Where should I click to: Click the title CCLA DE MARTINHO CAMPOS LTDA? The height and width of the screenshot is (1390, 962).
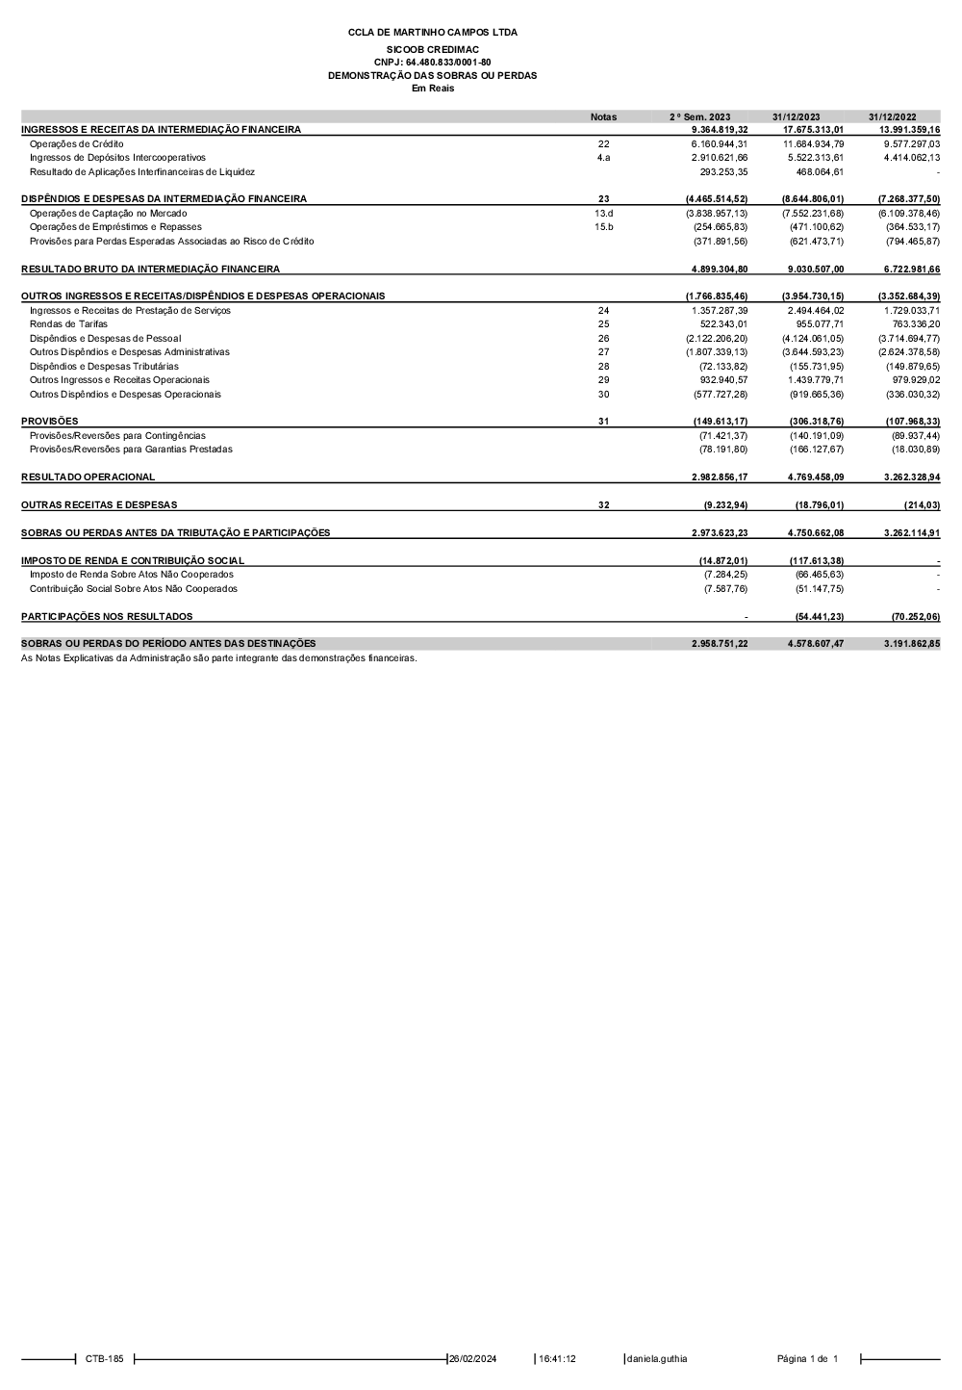click(x=432, y=33)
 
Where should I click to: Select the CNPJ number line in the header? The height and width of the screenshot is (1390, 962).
click(x=432, y=63)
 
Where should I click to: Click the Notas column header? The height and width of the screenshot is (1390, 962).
click(x=603, y=116)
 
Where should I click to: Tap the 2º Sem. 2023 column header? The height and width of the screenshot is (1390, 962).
click(x=699, y=116)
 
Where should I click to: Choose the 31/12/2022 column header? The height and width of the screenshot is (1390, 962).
click(x=892, y=116)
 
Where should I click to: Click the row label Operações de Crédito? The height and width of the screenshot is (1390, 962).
click(x=76, y=143)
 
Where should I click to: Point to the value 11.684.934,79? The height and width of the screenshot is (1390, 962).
click(x=813, y=143)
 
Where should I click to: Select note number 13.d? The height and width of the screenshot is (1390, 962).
click(x=603, y=213)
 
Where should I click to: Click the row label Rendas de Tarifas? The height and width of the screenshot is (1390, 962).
click(x=68, y=324)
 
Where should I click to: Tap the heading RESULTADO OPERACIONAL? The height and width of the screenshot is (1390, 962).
click(x=88, y=477)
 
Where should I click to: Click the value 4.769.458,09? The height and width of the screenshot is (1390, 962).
click(x=813, y=477)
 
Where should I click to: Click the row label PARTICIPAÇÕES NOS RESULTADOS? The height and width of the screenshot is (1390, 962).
click(x=107, y=617)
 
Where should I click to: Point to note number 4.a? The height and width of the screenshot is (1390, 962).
click(x=603, y=158)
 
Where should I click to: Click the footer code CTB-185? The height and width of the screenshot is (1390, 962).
click(x=104, y=1359)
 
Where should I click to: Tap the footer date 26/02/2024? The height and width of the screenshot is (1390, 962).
click(x=472, y=1359)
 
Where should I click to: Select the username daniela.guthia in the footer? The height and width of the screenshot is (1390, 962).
click(x=657, y=1359)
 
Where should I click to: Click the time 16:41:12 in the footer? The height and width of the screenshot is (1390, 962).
click(x=557, y=1359)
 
